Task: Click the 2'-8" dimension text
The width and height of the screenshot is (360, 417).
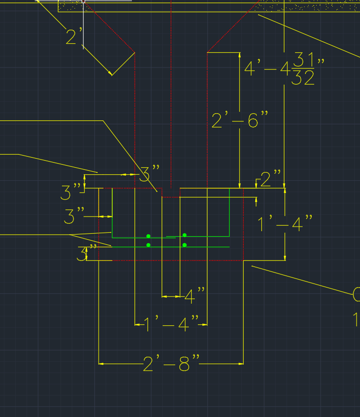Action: [171, 363]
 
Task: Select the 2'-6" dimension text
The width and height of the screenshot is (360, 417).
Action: [240, 120]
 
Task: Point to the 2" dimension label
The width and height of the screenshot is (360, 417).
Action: [271, 179]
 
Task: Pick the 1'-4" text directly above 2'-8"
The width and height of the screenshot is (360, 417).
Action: [171, 325]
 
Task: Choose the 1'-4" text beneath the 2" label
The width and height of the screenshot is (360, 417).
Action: [285, 224]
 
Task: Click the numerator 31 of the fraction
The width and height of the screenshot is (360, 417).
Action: [304, 60]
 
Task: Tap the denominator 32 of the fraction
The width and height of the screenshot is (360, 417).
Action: [304, 78]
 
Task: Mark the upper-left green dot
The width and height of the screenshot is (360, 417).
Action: [149, 236]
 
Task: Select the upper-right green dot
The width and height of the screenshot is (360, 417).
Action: [185, 235]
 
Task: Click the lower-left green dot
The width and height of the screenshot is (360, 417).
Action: [149, 245]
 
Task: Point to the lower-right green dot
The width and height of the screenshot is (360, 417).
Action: [185, 245]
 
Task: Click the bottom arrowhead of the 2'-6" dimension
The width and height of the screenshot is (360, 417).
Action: [239, 185]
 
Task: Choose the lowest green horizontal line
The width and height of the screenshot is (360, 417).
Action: [201, 247]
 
